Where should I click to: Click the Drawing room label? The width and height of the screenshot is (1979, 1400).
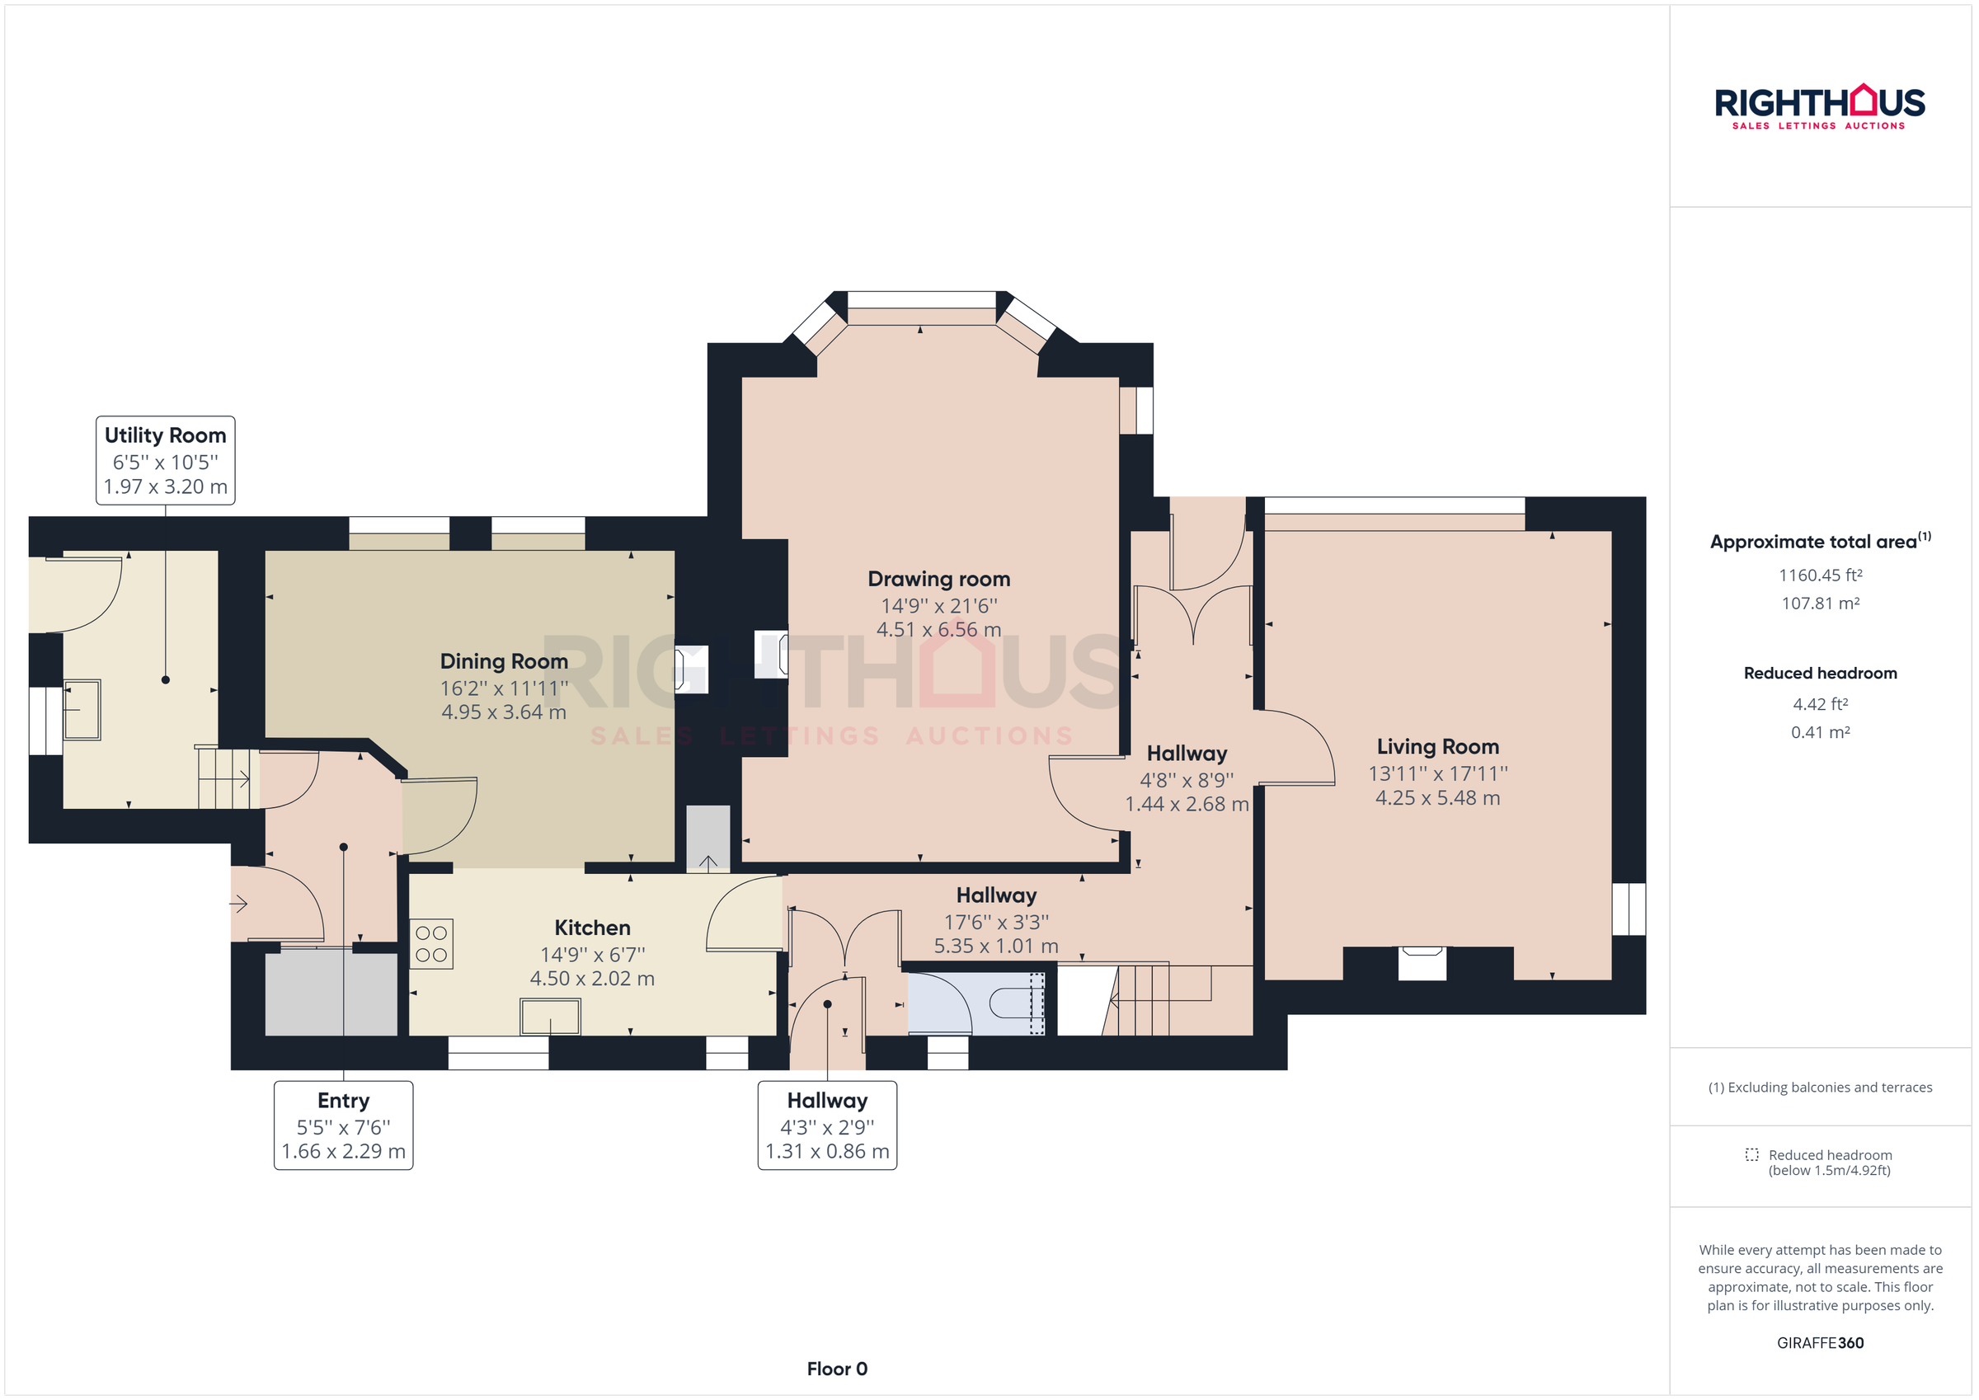coord(938,580)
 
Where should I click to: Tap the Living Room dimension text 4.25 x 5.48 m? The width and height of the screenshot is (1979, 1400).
coord(1437,798)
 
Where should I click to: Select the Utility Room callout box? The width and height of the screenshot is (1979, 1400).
coord(166,460)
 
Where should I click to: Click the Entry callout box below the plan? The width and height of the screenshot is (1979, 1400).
coord(343,1125)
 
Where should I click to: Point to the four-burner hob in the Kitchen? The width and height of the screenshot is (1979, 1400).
coord(431,944)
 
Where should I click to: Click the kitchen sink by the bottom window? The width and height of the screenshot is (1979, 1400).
coord(550,1017)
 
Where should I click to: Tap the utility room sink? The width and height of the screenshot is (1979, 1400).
coord(82,710)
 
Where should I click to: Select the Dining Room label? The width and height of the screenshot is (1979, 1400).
coord(503,661)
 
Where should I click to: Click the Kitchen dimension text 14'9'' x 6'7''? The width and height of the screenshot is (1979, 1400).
coord(592,954)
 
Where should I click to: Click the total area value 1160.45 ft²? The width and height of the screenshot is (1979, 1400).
coord(1820,575)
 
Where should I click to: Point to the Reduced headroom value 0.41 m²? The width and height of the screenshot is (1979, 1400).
coord(1820,733)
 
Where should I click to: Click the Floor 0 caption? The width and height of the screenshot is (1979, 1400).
coord(836,1369)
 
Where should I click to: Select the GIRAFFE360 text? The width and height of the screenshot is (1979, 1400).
coord(1820,1343)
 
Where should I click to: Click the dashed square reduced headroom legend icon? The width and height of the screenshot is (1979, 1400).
coord(1751,1154)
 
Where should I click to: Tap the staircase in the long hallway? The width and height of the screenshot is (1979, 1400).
coord(1155,1000)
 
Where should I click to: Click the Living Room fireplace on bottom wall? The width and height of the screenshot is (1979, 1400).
coord(1422,962)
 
